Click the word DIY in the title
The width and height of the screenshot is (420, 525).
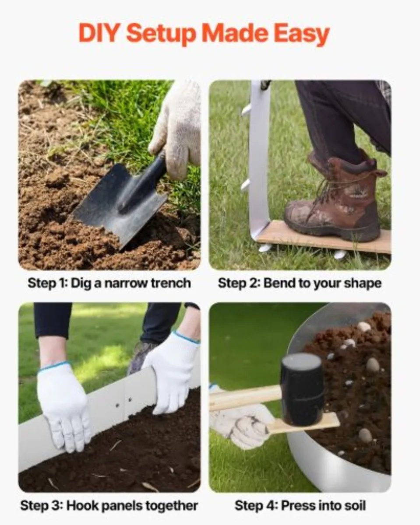99,34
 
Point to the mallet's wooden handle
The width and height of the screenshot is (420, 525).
245,396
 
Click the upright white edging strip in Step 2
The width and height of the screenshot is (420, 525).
259,157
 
